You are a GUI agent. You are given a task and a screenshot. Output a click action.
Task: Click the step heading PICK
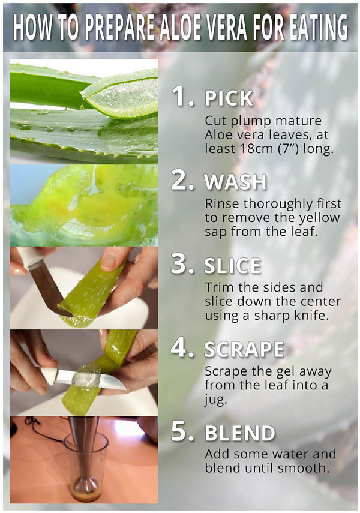pos(229,98)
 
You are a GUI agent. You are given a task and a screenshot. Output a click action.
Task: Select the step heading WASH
pos(235,182)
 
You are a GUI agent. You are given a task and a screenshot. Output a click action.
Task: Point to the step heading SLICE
pos(233,266)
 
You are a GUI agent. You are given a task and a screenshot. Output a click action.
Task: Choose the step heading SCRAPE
pos(244,349)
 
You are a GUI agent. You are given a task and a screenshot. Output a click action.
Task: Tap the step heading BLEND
pos(240,433)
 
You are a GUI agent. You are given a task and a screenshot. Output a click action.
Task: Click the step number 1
pos(182,96)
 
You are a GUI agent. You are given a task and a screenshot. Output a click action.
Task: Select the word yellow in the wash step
pos(319,218)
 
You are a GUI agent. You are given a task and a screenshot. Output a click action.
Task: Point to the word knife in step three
pos(311,316)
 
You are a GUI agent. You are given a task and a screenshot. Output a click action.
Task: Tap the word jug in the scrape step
pos(215,400)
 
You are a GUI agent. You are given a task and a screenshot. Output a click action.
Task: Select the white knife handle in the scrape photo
pos(49,376)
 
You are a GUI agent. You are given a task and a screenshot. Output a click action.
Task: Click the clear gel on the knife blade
pos(86,378)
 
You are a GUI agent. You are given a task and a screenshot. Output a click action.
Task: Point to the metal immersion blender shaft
pos(84,451)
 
